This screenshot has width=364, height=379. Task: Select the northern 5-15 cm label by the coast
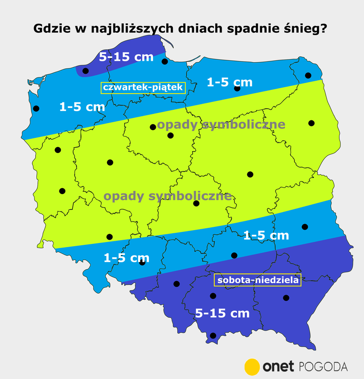coord(126,57)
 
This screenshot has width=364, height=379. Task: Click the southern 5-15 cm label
coord(222,314)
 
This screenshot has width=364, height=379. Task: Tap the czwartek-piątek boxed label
coord(143,88)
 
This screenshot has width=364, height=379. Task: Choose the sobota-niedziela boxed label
coord(258,280)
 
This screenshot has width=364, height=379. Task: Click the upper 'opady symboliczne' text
coord(221,124)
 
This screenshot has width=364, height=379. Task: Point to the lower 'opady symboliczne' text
coord(167,196)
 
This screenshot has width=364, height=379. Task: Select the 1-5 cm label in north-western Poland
coord(82,107)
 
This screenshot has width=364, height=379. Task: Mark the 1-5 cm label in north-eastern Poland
coord(229,82)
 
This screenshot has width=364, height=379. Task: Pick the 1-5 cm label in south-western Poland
coord(126,258)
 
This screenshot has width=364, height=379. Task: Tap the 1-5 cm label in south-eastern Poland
coord(266,235)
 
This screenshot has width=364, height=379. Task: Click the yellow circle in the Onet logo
coord(252,367)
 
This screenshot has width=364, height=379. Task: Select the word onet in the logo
coord(278,367)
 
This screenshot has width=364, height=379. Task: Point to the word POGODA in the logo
coord(323,367)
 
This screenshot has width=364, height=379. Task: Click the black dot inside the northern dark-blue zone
coord(85,71)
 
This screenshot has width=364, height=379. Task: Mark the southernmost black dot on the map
coord(213,336)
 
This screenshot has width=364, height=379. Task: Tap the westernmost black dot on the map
coord(36,109)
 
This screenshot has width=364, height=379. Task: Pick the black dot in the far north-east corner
coord(308,75)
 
